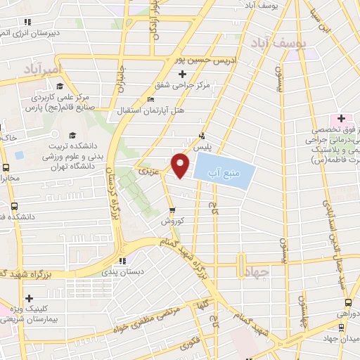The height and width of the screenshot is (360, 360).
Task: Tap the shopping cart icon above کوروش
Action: (x=172, y=210)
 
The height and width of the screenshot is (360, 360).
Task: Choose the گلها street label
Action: (x=204, y=306)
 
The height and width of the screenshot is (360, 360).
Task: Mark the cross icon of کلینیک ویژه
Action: (x=29, y=299)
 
